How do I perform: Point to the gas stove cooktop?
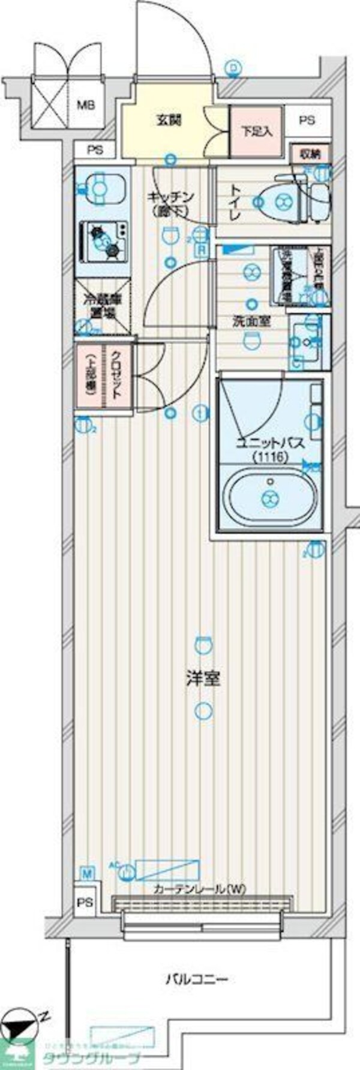coord(104,240)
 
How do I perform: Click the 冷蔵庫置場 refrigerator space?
coord(103,306)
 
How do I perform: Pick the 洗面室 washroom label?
coord(251,321)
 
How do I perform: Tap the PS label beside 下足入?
coord(307,121)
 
